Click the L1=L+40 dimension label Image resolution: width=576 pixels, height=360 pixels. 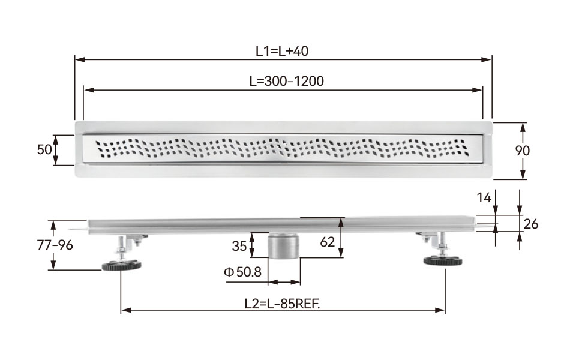[282, 51]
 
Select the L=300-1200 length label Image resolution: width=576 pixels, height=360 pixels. [287, 81]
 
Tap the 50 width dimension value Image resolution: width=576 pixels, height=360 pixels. [44, 150]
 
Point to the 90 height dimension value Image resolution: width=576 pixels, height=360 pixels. [522, 151]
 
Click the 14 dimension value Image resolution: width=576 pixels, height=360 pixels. [484, 198]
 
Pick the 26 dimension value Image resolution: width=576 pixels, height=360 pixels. [531, 224]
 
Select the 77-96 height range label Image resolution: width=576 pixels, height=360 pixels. [55, 245]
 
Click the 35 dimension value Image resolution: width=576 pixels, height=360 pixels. [239, 246]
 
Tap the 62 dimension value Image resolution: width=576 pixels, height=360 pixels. [328, 242]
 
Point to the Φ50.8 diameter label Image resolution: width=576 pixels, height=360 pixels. [242, 272]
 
